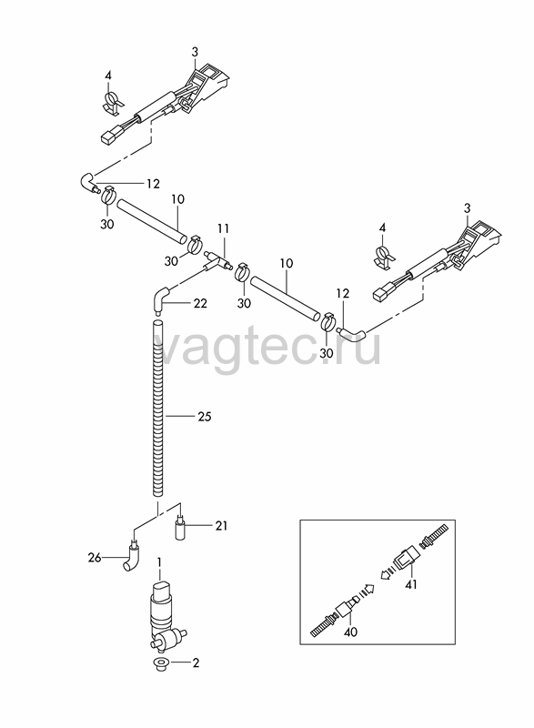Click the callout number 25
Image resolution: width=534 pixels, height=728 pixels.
coord(204,417)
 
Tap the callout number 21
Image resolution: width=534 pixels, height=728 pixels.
coord(221,526)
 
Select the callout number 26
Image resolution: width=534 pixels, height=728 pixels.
coord(95,557)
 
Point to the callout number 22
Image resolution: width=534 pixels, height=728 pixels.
coord(200,303)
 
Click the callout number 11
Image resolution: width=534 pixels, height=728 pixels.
coord(223,228)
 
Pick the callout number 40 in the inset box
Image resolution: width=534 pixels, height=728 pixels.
coord(351,632)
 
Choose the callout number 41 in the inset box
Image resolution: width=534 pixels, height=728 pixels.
coord(411,584)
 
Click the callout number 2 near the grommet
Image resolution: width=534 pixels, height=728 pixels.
coord(196,663)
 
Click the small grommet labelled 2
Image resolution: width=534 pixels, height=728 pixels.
coord(160,664)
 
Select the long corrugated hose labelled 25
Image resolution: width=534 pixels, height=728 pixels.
coord(158,408)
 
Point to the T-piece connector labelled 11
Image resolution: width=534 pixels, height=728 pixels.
coord(217,261)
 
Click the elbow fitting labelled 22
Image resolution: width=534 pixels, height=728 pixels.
coord(159,300)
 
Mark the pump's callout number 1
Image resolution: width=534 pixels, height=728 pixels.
coord(158,563)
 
